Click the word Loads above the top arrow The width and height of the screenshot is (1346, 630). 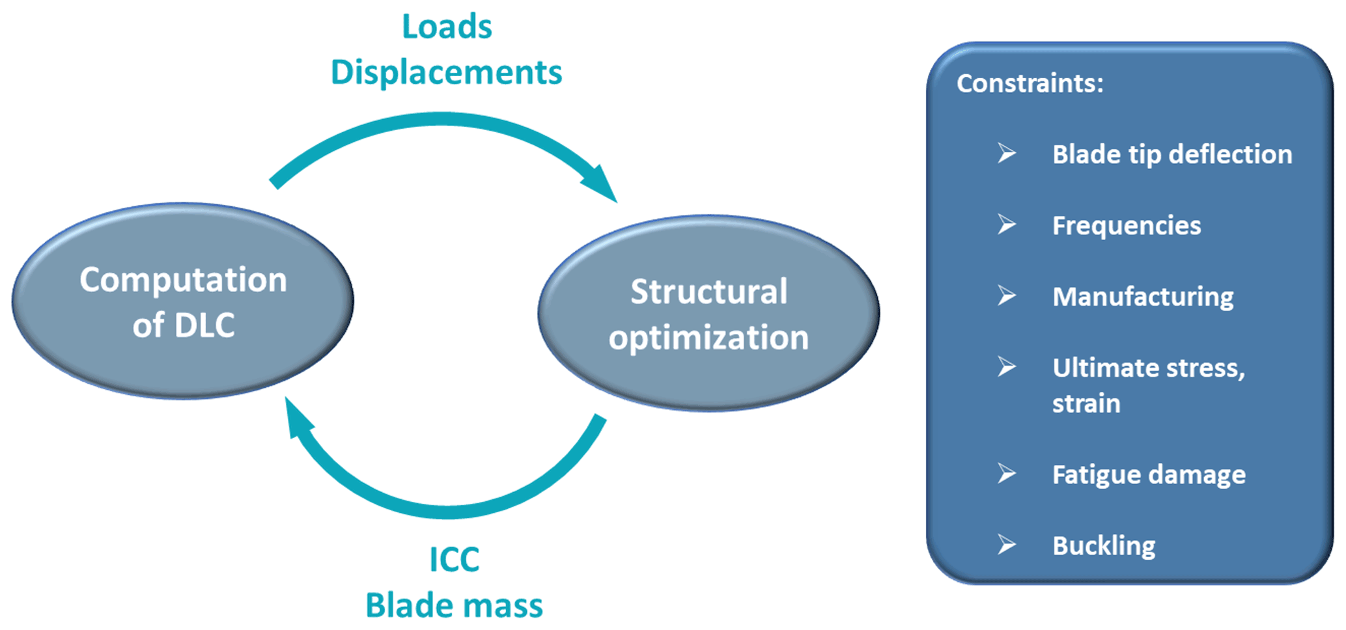[x=447, y=27]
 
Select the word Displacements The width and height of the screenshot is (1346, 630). [x=446, y=72]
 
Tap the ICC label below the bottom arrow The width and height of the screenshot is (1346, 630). [x=454, y=560]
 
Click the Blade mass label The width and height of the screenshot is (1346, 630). [x=454, y=605]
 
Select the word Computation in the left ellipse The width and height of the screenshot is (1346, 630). [x=183, y=280]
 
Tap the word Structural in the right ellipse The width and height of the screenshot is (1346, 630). [x=708, y=292]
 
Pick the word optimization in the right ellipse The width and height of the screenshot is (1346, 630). [x=708, y=338]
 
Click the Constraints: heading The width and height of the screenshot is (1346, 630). [x=1030, y=83]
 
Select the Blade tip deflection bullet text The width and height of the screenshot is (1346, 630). [x=1172, y=155]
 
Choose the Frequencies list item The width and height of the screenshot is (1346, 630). [x=1127, y=226]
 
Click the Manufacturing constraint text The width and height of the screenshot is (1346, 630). [x=1143, y=297]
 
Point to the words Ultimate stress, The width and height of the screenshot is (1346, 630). [x=1149, y=368]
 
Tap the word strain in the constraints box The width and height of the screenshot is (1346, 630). [x=1086, y=404]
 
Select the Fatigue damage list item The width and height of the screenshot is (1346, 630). [x=1149, y=474]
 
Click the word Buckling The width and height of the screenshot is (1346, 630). [x=1104, y=545]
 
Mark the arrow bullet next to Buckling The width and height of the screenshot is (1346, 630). [x=1007, y=544]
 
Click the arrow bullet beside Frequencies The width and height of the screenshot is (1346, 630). [x=1007, y=225]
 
